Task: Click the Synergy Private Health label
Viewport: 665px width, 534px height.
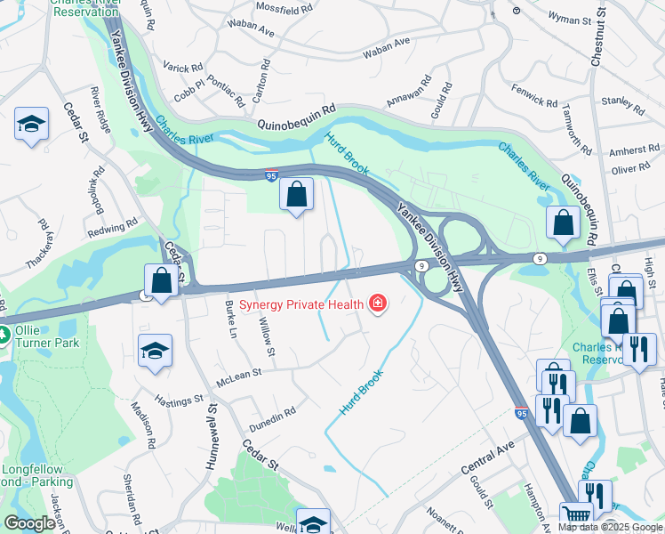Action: point(302,304)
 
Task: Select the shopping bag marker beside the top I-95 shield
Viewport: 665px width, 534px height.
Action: point(296,194)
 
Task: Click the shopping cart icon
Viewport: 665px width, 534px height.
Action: point(577,515)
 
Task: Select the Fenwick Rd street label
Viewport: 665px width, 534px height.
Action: point(537,93)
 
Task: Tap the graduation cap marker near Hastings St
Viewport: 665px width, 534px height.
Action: point(155,352)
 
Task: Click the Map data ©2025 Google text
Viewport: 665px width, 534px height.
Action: point(610,527)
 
